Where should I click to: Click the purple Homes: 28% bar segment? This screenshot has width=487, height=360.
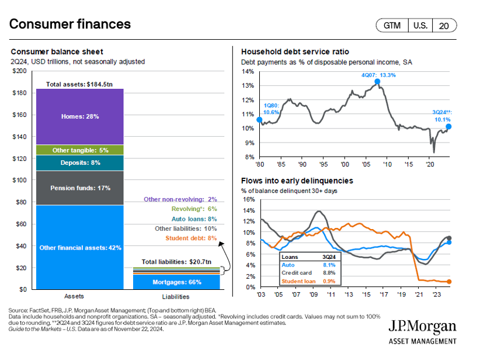pyautogui.click(x=80, y=116)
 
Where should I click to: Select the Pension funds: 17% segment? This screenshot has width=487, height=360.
pyautogui.click(x=80, y=188)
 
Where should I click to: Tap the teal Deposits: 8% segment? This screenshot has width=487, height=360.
pyautogui.click(x=80, y=162)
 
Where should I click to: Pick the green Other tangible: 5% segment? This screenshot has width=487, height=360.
pyautogui.click(x=80, y=150)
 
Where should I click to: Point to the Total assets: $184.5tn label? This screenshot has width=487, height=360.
pyautogui.click(x=80, y=85)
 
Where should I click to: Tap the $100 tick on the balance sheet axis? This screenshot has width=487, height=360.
pyautogui.click(x=20, y=180)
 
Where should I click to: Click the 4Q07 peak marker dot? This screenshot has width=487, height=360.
pyautogui.click(x=378, y=82)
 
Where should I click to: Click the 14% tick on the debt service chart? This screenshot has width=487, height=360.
pyautogui.click(x=248, y=71)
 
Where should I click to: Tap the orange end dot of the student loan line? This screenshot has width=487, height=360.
pyautogui.click(x=449, y=282)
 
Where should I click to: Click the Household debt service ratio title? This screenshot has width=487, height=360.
pyautogui.click(x=295, y=51)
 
